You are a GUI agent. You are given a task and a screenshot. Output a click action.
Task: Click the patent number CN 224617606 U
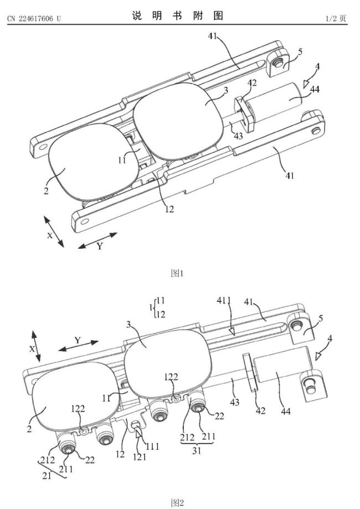(x=34, y=18)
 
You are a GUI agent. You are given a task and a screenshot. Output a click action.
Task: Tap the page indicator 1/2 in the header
(x=331, y=18)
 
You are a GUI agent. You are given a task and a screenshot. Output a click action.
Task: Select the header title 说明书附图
(x=178, y=16)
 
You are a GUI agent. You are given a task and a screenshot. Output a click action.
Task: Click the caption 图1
(x=177, y=273)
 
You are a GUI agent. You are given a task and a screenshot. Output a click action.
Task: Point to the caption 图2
(x=177, y=503)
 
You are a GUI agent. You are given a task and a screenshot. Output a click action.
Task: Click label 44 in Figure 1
(x=315, y=89)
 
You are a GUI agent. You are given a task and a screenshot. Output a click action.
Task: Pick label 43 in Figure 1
(x=238, y=136)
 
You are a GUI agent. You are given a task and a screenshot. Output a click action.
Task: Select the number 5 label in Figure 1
(x=300, y=52)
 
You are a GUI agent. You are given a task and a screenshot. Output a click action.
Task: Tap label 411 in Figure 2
(x=224, y=301)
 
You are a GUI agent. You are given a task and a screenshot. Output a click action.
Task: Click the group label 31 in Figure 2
(x=197, y=451)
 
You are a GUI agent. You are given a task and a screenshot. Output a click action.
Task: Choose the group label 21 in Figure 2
(x=47, y=476)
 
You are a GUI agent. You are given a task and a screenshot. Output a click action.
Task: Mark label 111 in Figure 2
(x=152, y=446)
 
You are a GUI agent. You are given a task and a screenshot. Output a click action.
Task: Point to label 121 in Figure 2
(x=140, y=457)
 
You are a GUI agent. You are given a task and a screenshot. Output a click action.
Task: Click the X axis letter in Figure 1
(x=50, y=235)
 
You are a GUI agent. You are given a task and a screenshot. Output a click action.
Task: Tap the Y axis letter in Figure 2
(x=77, y=340)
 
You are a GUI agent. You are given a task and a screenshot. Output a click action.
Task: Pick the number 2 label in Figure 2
(x=29, y=429)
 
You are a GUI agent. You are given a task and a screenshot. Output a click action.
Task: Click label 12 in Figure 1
(x=169, y=209)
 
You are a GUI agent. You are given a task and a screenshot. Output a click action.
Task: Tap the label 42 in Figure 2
(x=261, y=410)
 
